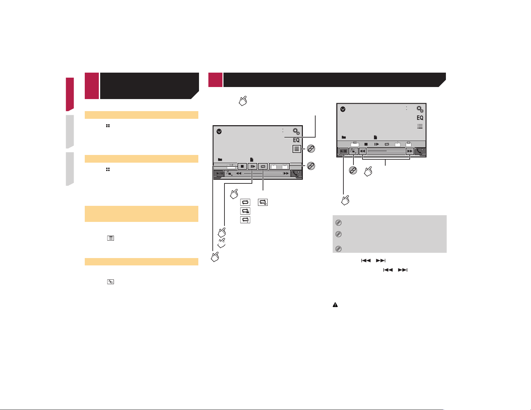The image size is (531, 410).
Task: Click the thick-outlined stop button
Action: point(242,166)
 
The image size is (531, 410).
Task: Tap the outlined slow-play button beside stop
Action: point(252,166)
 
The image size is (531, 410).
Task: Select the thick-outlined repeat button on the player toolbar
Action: point(263,166)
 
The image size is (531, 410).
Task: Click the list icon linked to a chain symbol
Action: point(296,149)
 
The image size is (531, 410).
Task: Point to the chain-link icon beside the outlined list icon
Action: point(311,149)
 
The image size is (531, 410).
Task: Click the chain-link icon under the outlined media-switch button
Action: point(353,170)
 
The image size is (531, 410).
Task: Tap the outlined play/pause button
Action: point(343,151)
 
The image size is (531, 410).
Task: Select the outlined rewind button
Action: point(362,151)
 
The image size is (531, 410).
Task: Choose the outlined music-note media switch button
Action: point(353,151)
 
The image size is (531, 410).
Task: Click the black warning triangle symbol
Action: point(335,305)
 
